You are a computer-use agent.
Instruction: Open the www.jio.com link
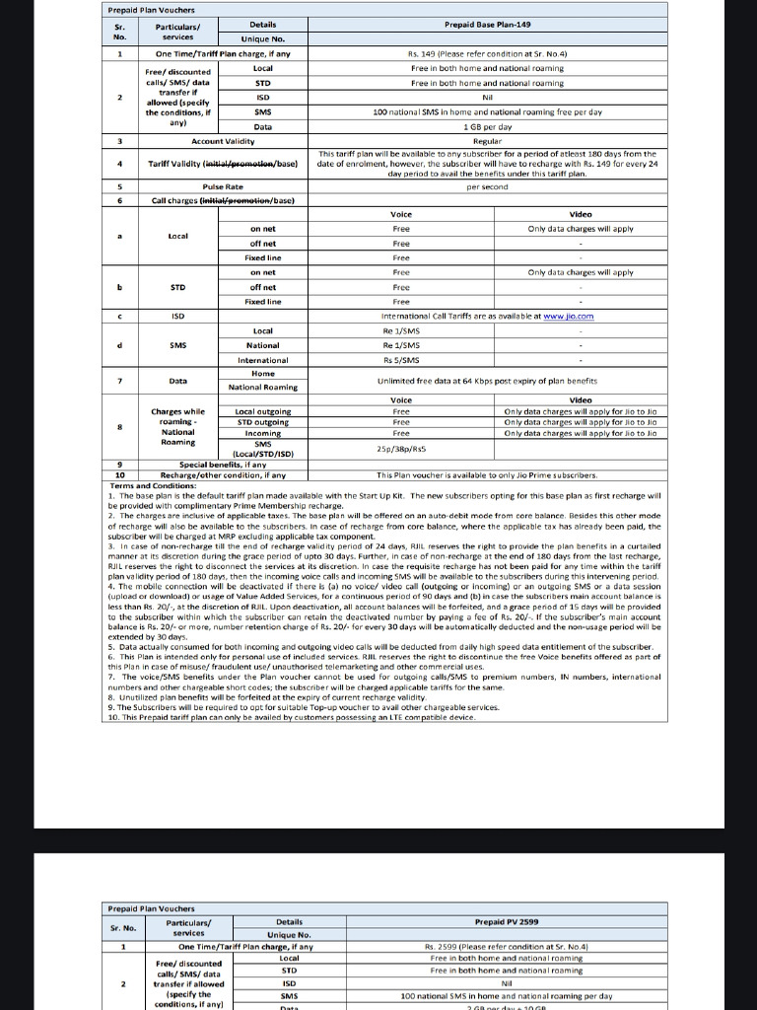571,316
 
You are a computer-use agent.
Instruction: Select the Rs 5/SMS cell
401,360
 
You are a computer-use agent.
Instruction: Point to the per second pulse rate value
487,185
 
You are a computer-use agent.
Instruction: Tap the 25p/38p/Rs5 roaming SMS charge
401,448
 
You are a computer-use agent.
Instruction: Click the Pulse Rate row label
223,185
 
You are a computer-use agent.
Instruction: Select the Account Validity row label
223,142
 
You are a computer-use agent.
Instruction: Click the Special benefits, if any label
223,465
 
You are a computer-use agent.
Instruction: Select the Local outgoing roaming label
263,410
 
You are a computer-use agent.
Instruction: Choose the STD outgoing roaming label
263,421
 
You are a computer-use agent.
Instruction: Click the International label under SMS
263,360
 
